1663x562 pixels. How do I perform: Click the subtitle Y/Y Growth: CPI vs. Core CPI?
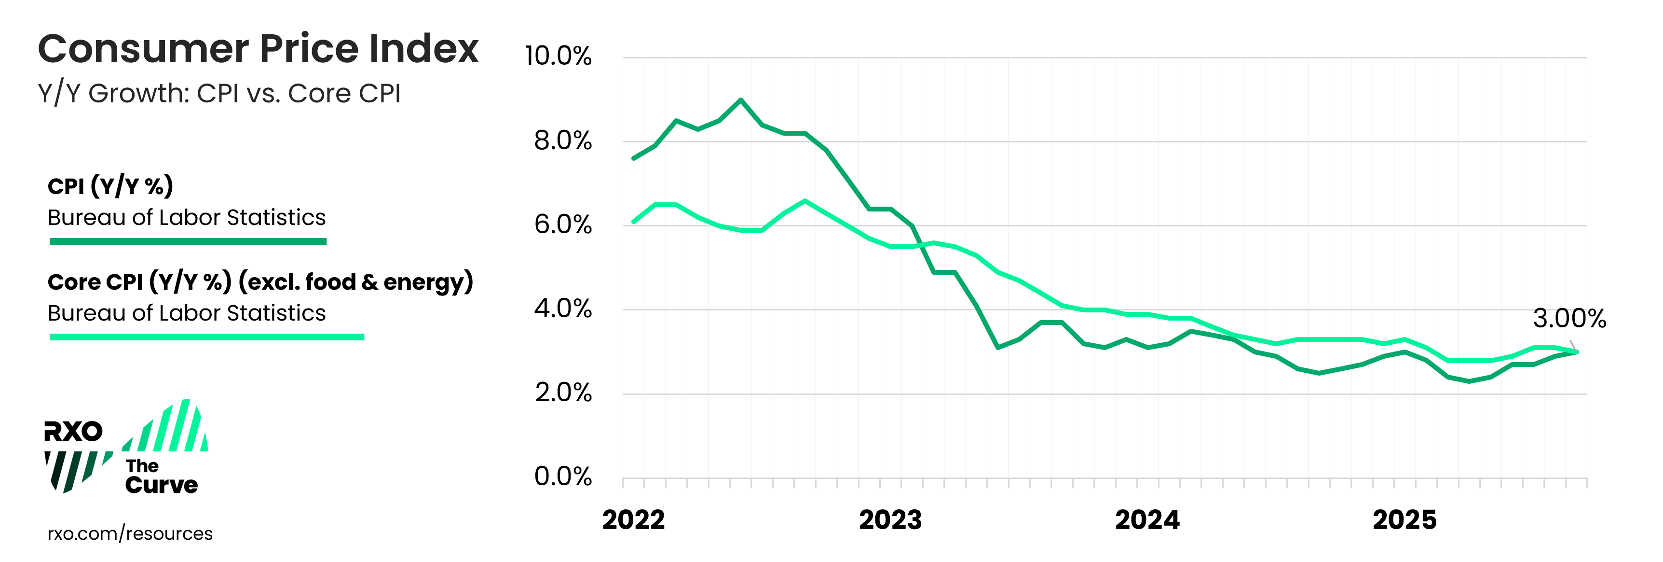219,94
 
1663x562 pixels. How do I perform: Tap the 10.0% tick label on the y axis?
559,56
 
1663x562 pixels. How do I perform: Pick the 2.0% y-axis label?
562,392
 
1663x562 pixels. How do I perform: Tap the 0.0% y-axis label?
562,476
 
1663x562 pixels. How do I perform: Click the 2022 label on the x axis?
633,520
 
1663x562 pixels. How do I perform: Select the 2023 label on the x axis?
890,520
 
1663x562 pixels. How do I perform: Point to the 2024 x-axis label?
1147,520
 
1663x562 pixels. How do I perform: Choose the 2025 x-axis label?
1405,520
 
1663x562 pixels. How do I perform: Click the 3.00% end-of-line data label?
1569,319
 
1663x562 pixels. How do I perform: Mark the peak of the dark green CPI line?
740,100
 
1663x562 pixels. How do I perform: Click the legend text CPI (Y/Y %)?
110,186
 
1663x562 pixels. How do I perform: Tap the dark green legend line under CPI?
188,241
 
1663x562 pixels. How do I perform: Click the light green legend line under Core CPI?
206,337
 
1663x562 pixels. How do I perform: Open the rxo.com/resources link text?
130,534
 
